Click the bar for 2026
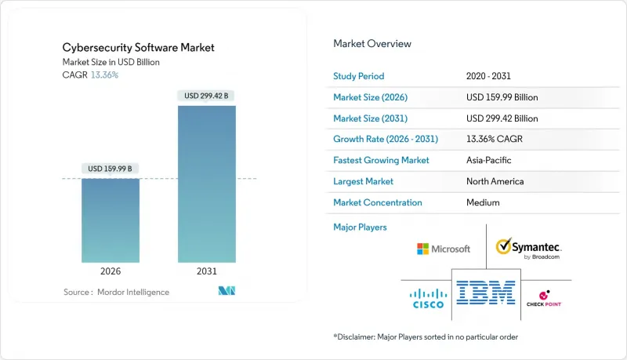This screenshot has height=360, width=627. (x=111, y=220)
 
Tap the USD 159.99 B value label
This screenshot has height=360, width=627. (x=111, y=169)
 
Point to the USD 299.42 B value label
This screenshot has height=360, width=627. (x=208, y=96)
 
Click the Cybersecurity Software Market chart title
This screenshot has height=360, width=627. (x=139, y=48)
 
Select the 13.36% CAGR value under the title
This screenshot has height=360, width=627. (x=106, y=75)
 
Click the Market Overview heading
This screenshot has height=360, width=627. (x=372, y=44)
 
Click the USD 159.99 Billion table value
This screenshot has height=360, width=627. (x=502, y=97)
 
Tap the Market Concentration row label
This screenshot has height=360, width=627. (x=378, y=202)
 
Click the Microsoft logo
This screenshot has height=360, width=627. (x=444, y=249)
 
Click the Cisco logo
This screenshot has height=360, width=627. (x=427, y=298)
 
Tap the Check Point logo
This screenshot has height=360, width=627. (x=545, y=299)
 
